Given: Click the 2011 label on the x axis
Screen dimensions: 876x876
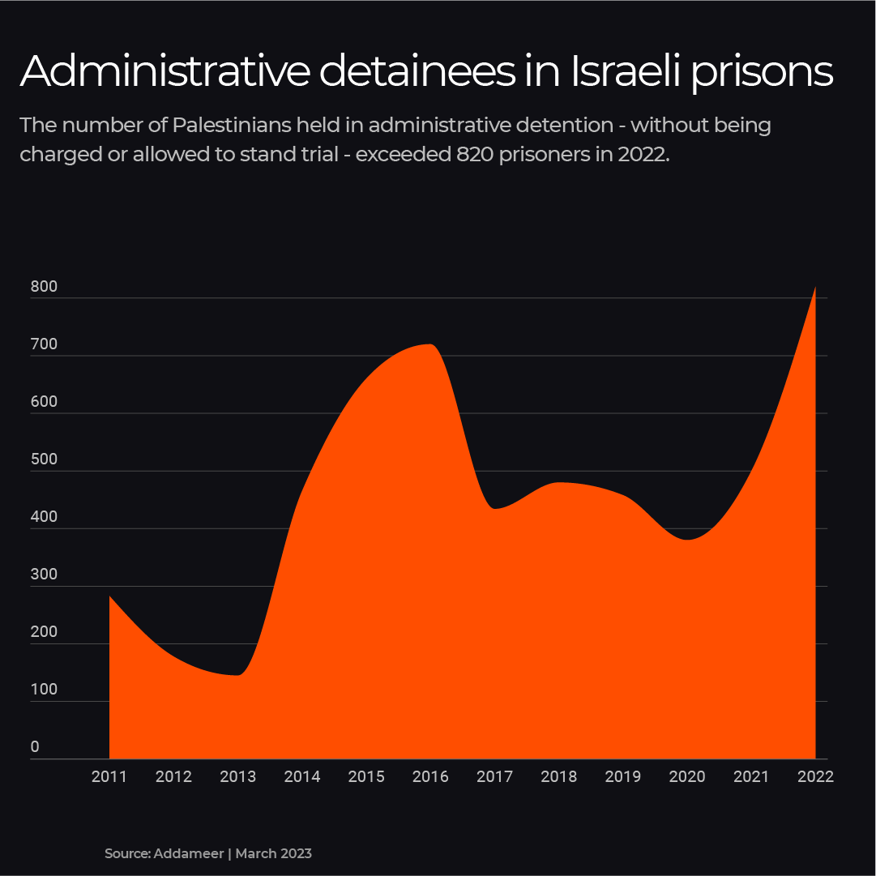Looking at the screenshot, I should pos(109,776).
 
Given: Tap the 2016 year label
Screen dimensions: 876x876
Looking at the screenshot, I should pos(430,776).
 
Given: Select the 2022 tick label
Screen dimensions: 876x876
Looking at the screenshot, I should pos(815,776).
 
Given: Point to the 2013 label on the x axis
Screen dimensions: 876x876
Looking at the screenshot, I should pos(237,776).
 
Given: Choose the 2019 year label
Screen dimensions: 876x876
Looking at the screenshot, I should pos(622,776).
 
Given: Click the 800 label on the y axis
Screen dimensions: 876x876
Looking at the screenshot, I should pos(45,287).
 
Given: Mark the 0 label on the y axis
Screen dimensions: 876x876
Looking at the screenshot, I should pos(35,747).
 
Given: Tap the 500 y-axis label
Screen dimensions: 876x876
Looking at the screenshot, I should pos(45,459).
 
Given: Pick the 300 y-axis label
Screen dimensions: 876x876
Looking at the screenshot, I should pos(45,575).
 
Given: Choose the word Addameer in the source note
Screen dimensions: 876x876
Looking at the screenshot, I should pos(187,853).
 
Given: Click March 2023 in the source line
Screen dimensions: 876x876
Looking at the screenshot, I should pos(274,853).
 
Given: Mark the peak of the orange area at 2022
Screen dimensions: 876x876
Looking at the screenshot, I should pos(814,288).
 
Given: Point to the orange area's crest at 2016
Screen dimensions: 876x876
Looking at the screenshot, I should pos(430,345).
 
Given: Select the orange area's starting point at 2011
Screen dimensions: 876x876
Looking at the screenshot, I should pos(110,597).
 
